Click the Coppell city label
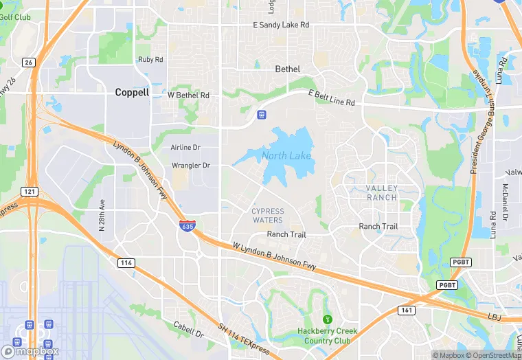132,92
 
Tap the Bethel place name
288,69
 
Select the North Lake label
286,155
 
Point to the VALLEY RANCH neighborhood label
381,192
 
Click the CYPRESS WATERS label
267,215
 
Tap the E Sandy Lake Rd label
282,25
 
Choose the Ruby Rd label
150,60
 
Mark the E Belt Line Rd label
331,98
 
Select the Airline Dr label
185,148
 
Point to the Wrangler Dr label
190,166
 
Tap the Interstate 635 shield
186,226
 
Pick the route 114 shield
126,262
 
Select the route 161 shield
405,311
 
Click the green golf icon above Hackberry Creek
327,319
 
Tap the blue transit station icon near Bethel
261,113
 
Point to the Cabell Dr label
189,330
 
